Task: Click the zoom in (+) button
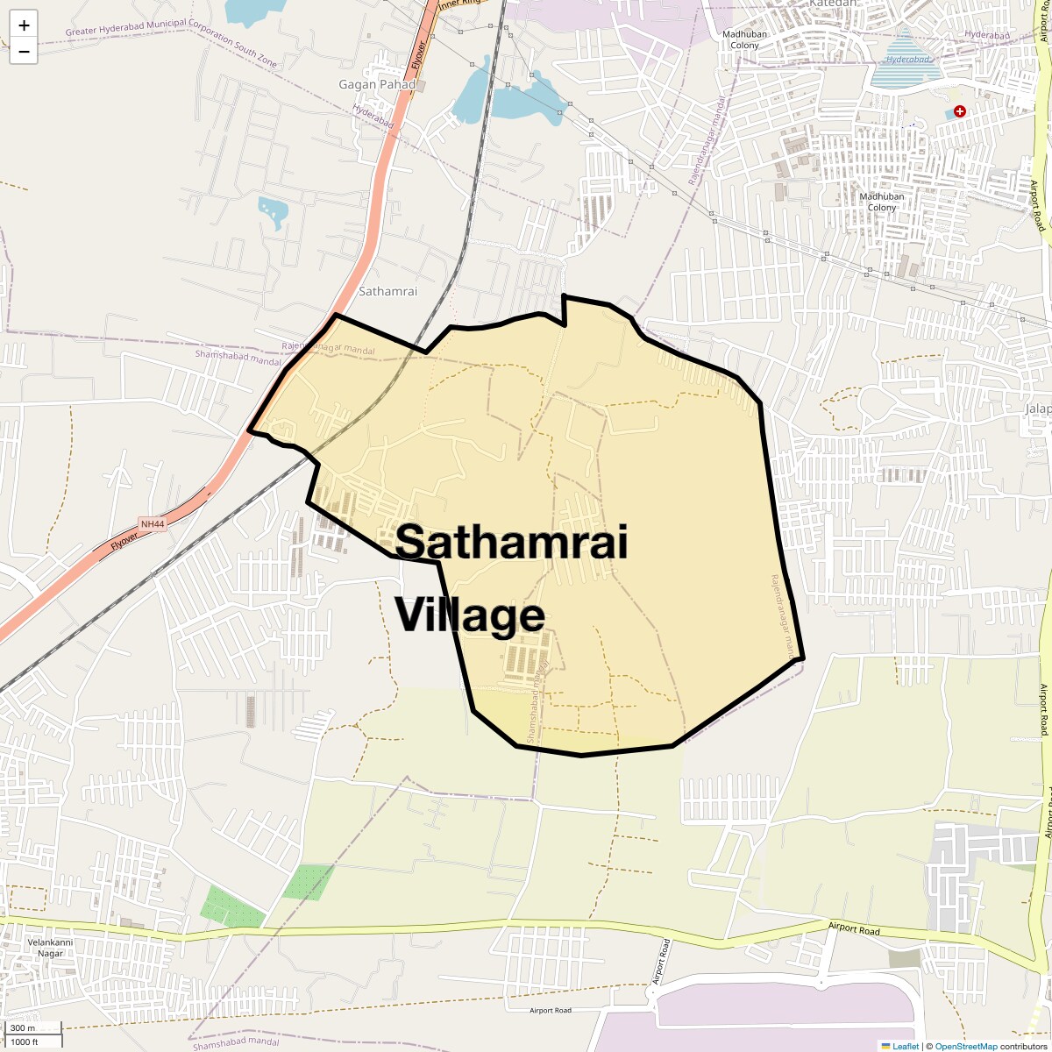pyautogui.click(x=24, y=25)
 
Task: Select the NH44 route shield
pyautogui.click(x=153, y=524)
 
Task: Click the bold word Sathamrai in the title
pyautogui.click(x=511, y=542)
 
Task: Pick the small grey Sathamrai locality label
pyautogui.click(x=388, y=291)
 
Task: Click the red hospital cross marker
pyautogui.click(x=960, y=111)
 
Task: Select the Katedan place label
pyautogui.click(x=832, y=4)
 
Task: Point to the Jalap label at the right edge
pyautogui.click(x=1038, y=409)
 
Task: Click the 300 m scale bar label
pyautogui.click(x=24, y=1028)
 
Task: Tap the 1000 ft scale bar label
pyautogui.click(x=25, y=1041)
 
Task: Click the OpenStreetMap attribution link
pyautogui.click(x=965, y=1046)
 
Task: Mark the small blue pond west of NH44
pyautogui.click(x=273, y=211)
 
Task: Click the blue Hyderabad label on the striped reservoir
pyautogui.click(x=905, y=60)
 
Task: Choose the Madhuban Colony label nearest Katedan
pyautogui.click(x=745, y=39)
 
